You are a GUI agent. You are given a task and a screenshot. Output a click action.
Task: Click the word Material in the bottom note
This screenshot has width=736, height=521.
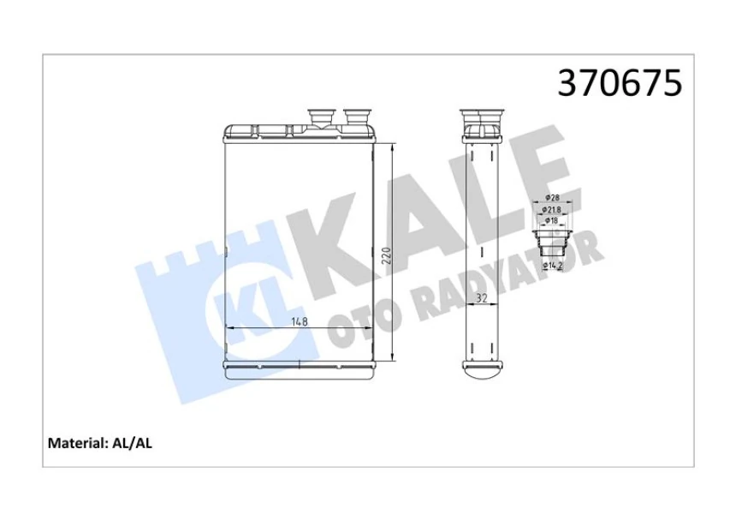(75, 443)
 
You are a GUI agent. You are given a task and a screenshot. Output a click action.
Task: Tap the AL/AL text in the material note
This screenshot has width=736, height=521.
(133, 443)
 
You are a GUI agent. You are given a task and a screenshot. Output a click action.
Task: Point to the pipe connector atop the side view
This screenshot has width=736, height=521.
(480, 117)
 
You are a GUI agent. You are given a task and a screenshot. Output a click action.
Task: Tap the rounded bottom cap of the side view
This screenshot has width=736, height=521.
(480, 370)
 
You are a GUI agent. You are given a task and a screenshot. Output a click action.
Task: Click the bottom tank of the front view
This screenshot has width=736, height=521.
(299, 368)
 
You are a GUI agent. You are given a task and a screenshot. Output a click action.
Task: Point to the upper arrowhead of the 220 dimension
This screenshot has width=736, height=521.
(391, 147)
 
